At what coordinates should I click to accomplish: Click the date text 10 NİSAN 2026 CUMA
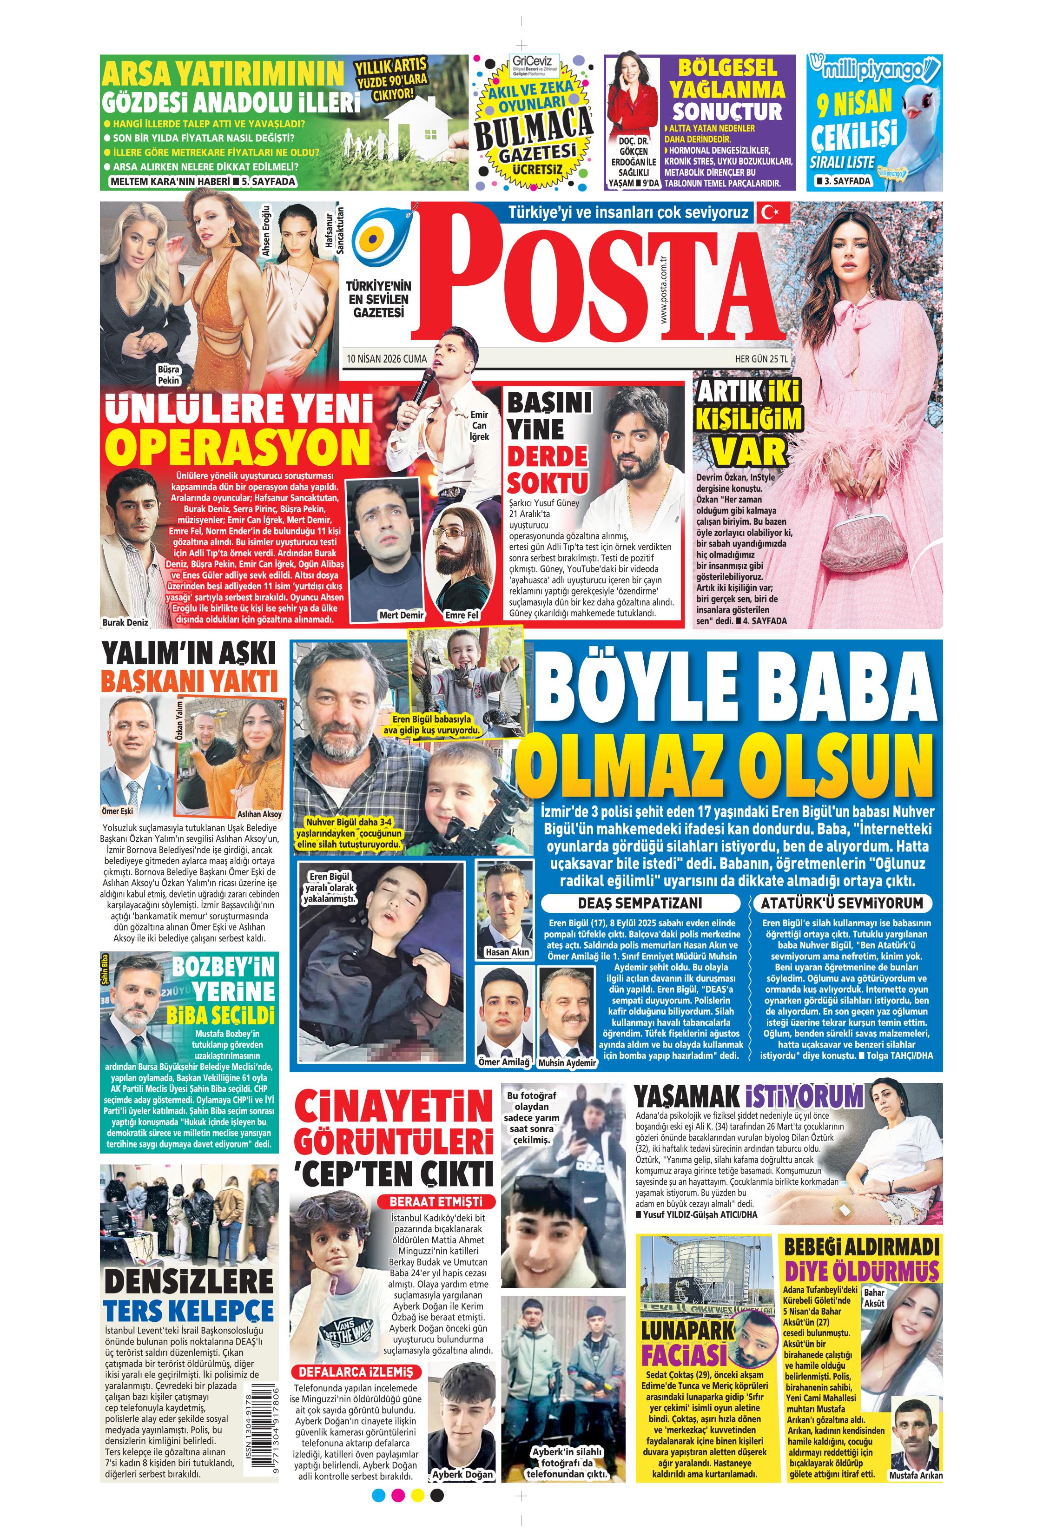pyautogui.click(x=386, y=359)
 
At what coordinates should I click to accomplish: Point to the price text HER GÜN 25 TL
pyautogui.click(x=761, y=359)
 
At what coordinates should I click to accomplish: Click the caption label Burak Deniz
pyautogui.click(x=125, y=622)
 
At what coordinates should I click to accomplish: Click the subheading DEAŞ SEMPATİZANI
pyautogui.click(x=640, y=904)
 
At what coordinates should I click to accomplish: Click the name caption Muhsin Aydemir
pyautogui.click(x=567, y=1063)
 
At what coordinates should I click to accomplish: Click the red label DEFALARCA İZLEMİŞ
pyautogui.click(x=356, y=1372)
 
